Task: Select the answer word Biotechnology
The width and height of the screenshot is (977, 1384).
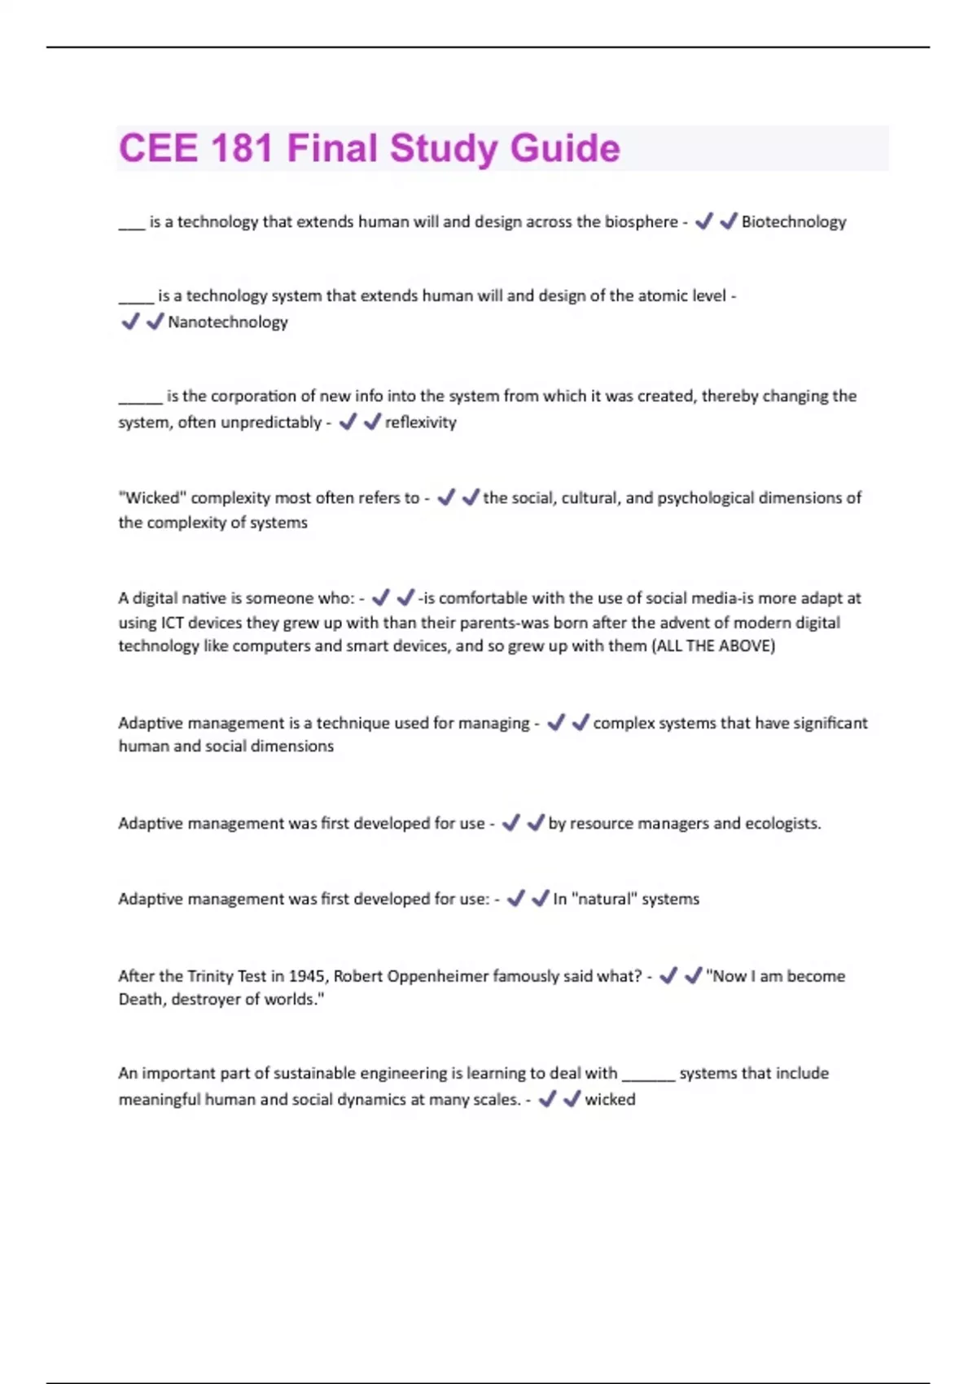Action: click(x=794, y=222)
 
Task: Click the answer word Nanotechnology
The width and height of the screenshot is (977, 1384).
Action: click(x=228, y=322)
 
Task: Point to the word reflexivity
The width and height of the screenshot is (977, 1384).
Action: click(x=420, y=423)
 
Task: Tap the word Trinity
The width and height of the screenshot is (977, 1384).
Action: click(x=210, y=976)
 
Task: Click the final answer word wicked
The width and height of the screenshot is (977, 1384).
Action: click(x=610, y=1100)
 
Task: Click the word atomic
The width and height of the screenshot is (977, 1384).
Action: click(x=637, y=296)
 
